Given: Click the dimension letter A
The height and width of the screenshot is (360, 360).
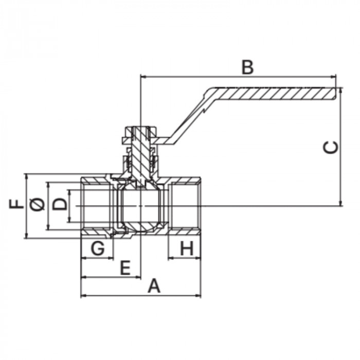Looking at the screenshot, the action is click(x=154, y=285).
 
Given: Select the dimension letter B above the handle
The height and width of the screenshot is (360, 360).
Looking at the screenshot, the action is click(x=248, y=67).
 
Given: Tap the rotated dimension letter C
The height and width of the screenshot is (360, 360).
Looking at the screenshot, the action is click(x=331, y=147).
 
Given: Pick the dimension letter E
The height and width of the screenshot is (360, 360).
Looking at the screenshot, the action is click(x=125, y=268).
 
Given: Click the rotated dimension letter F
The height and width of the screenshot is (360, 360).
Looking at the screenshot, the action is click(x=16, y=204).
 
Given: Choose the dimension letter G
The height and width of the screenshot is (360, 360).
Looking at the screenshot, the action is click(x=98, y=248).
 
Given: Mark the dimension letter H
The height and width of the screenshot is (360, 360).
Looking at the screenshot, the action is click(x=187, y=248).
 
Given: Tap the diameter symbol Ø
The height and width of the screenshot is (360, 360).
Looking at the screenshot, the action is click(x=38, y=204).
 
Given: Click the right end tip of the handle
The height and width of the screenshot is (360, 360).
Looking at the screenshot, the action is click(x=335, y=94).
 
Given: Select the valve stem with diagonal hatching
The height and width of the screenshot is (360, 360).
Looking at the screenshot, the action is click(x=140, y=156).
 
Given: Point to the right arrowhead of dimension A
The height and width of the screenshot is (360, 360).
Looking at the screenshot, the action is click(x=199, y=296).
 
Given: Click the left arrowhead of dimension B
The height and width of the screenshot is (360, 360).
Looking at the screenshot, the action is click(x=143, y=77).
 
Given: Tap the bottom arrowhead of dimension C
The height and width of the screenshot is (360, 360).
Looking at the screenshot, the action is click(x=341, y=203).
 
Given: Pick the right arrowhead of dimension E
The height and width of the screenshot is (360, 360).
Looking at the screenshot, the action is click(x=138, y=277).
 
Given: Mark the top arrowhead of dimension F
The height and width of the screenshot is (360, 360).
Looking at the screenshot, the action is click(x=27, y=177).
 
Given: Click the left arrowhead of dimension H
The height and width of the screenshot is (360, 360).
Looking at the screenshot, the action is click(x=171, y=258).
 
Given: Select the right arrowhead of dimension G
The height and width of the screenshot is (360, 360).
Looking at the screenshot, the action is click(x=111, y=258).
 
